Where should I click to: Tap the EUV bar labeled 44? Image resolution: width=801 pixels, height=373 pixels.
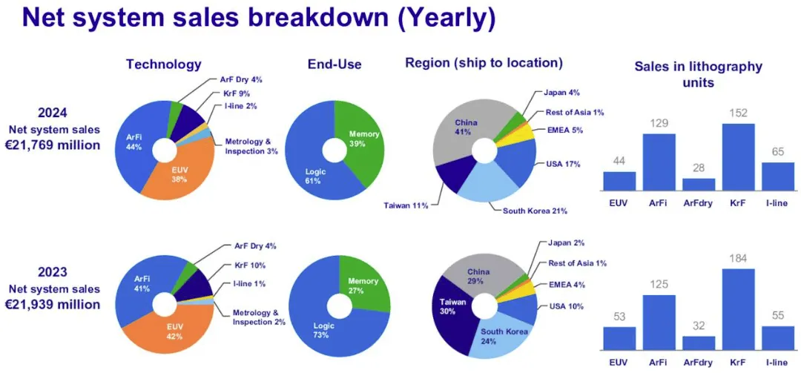click(619, 182)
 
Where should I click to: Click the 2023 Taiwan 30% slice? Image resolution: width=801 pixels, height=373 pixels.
click(449, 311)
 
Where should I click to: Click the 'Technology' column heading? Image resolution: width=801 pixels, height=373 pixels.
click(163, 65)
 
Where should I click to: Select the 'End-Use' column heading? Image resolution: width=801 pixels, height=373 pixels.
click(334, 65)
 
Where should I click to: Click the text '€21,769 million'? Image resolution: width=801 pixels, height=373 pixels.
click(53, 145)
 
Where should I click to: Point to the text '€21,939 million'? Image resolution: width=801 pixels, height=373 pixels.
click(53, 304)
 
